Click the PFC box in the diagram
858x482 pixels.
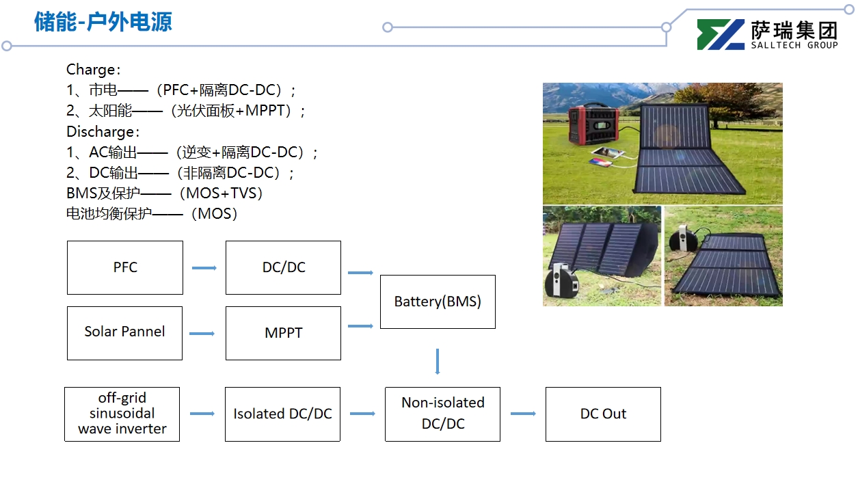tap(125, 267)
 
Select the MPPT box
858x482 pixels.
tap(283, 333)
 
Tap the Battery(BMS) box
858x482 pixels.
tap(438, 302)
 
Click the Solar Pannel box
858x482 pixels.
tap(124, 332)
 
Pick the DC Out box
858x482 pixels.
tap(603, 414)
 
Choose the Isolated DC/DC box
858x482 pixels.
tap(282, 414)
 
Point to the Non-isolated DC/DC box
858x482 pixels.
tap(442, 414)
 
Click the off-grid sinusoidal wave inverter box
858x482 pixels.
tap(122, 414)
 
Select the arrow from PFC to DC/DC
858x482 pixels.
tap(204, 268)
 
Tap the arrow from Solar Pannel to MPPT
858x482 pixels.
tap(202, 334)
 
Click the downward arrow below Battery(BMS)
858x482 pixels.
tap(438, 362)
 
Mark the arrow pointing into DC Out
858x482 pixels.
tap(523, 414)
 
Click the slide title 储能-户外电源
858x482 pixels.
tap(103, 22)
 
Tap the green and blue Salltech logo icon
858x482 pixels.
tap(721, 34)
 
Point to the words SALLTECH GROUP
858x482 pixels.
tap(794, 45)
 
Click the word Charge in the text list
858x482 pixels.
tap(90, 70)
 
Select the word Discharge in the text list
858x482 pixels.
tap(100, 131)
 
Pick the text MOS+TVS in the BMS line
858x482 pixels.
tap(224, 193)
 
